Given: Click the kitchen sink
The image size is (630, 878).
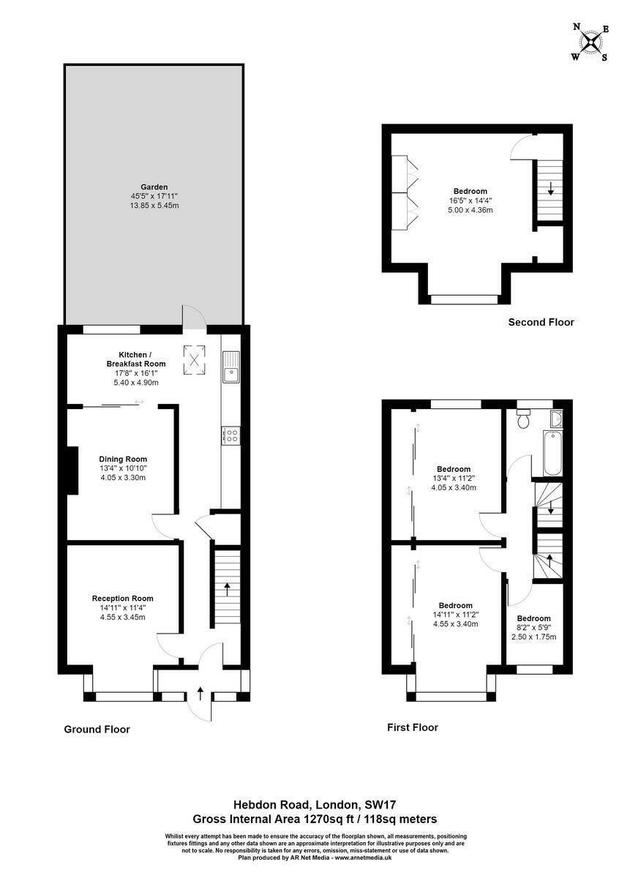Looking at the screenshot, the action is click(x=231, y=367).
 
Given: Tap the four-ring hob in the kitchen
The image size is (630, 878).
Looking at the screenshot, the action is click(x=231, y=435).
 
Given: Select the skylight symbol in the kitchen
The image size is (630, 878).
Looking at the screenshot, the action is click(x=194, y=360).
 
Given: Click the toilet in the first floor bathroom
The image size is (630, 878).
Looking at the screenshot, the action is click(x=522, y=419).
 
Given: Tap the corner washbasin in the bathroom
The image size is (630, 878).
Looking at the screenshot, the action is click(x=556, y=418).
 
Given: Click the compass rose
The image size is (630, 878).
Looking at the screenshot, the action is click(x=590, y=42).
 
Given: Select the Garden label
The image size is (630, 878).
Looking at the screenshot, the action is click(x=154, y=187).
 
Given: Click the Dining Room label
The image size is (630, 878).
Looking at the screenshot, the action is click(x=123, y=459).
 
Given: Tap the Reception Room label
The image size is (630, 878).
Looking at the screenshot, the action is click(x=123, y=599).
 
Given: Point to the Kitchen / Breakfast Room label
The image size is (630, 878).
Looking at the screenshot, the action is click(x=136, y=359).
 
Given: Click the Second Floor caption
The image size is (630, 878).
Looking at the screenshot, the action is click(x=541, y=322).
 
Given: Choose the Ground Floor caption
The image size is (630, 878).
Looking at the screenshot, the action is click(x=97, y=729).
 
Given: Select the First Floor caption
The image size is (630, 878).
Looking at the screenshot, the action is click(x=413, y=727).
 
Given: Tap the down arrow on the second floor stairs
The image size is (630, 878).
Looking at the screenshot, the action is click(x=551, y=189).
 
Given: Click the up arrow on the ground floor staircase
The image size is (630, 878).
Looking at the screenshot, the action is click(x=227, y=589).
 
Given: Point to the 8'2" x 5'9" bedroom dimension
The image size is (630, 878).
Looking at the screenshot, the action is click(x=533, y=628).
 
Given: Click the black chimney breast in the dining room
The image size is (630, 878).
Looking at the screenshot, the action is click(x=72, y=470).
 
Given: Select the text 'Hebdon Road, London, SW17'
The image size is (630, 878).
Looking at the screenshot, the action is click(x=315, y=805).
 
